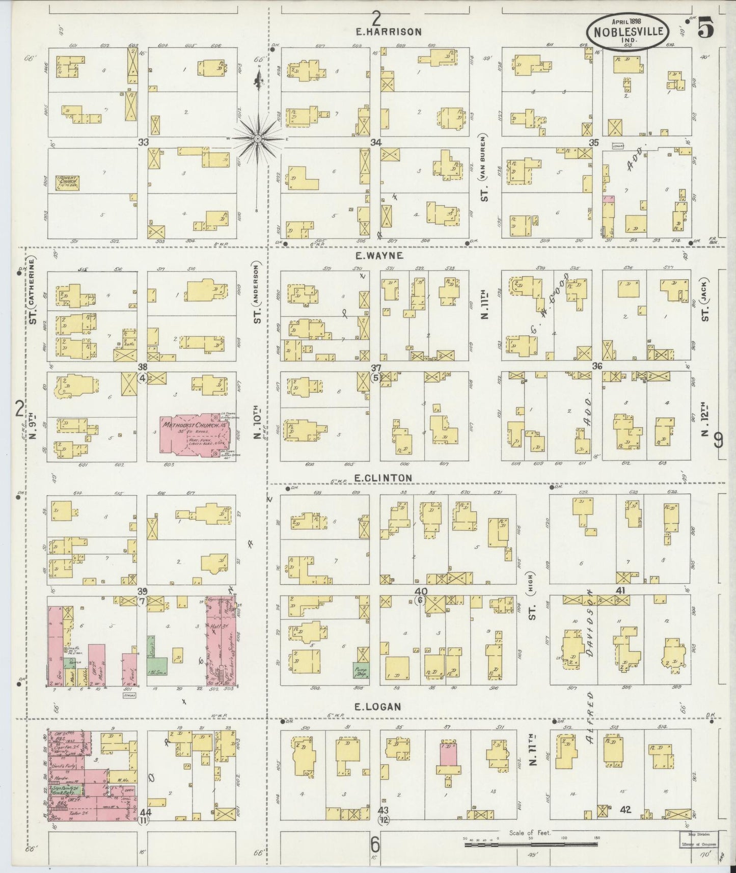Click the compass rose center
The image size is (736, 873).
click(258, 138)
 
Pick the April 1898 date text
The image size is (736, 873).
click(627, 20)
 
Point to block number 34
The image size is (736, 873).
click(376, 143)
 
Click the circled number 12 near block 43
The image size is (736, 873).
click(383, 820)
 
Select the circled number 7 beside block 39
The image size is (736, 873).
click(143, 602)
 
